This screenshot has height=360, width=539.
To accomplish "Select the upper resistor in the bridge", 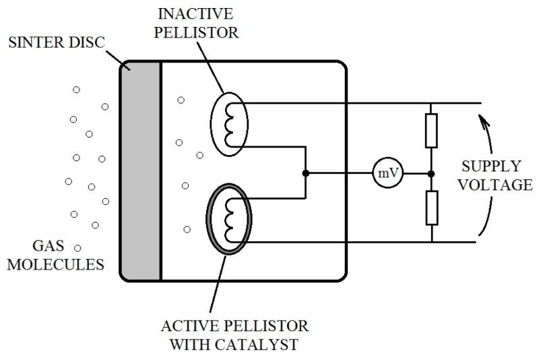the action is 431,131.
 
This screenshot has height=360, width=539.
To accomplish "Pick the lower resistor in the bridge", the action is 432,208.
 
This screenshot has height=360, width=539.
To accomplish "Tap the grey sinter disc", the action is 140,171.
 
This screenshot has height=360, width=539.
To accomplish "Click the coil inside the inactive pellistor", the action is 229,125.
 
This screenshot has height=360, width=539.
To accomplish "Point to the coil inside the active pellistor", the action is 229,220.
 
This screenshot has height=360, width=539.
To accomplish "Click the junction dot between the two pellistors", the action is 305,173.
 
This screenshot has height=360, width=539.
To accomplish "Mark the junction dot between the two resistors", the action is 431,174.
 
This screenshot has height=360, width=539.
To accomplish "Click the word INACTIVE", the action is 195,13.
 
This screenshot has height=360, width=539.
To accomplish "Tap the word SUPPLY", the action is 491,167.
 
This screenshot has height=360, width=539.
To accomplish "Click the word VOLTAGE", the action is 495,185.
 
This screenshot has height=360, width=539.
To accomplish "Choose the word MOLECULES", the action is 55,264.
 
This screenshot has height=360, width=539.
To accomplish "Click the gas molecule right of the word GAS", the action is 77,248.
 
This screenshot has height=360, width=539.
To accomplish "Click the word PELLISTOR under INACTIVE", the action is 196,32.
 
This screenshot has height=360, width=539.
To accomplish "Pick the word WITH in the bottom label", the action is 189,344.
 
